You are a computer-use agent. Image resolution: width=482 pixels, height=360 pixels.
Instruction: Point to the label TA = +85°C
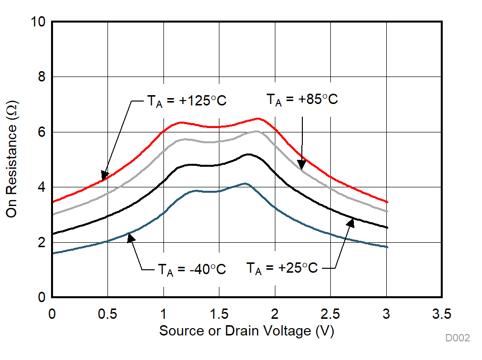tap(302, 100)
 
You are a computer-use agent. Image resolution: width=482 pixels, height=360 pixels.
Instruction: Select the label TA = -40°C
tap(191, 269)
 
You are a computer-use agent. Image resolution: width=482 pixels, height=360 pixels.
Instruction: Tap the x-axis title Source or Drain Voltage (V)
tap(246, 331)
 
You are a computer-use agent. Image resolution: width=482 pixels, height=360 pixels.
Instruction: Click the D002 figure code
tap(457, 338)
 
